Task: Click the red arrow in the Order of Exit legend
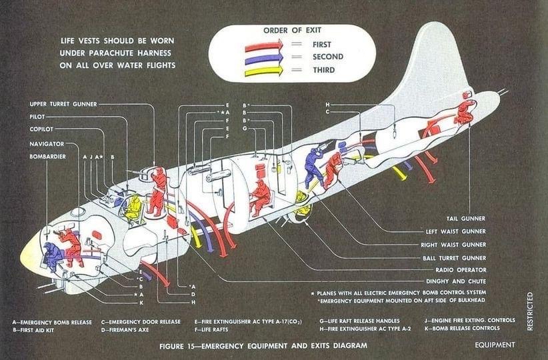(x=264, y=45)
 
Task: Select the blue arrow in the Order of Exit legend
(x=264, y=58)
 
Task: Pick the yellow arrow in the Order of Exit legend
(x=264, y=71)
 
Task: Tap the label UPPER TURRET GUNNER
(x=63, y=104)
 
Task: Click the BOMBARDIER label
(x=47, y=157)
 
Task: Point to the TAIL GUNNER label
(x=466, y=219)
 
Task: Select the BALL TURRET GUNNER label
(x=455, y=258)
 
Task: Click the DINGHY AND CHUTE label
(x=456, y=281)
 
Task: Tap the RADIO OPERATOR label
(x=461, y=270)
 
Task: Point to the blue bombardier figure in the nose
(x=52, y=256)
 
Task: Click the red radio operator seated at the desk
(x=260, y=197)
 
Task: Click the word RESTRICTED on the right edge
(x=530, y=311)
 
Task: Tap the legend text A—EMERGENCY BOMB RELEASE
(x=52, y=322)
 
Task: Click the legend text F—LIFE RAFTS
(x=211, y=329)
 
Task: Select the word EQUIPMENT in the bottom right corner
(x=495, y=345)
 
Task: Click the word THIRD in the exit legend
(x=323, y=70)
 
